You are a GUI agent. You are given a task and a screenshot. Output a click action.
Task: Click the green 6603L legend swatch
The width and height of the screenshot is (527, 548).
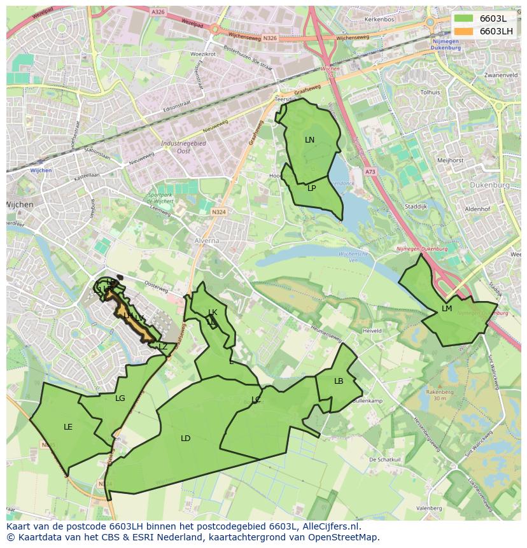464,18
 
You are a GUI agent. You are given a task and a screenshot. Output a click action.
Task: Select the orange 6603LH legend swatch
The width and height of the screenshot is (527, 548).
464,31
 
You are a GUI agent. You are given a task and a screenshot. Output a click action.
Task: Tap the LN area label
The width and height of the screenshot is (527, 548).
309,140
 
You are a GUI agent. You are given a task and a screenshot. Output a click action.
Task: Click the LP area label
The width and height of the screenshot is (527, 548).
312,188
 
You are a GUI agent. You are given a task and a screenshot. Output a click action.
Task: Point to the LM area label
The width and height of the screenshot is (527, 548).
447,309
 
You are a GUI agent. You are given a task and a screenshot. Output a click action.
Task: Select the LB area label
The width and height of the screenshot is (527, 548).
339,381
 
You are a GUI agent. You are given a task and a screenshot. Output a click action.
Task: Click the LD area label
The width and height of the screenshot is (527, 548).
185,439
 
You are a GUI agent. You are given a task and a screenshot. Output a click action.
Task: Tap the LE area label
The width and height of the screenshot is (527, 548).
68,427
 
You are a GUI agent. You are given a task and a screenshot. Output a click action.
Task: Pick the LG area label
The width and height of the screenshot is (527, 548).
120,398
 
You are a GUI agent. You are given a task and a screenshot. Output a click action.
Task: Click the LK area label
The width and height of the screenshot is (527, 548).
213,313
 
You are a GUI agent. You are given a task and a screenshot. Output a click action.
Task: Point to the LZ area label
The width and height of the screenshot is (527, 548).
163,347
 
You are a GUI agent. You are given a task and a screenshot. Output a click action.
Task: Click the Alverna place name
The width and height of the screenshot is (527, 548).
207,241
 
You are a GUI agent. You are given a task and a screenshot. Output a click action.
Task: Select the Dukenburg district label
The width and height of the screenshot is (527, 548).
490,185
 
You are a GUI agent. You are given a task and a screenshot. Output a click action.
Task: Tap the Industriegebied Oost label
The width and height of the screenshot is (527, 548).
183,147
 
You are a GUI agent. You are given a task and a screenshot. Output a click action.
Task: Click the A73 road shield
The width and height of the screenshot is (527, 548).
370,172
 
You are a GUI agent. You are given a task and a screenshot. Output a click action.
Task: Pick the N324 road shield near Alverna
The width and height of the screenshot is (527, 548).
219,212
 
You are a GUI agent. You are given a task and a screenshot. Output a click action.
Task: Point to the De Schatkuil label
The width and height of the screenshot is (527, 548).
384,459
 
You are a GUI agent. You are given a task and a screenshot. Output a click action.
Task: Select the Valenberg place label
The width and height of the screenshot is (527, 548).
429,509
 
